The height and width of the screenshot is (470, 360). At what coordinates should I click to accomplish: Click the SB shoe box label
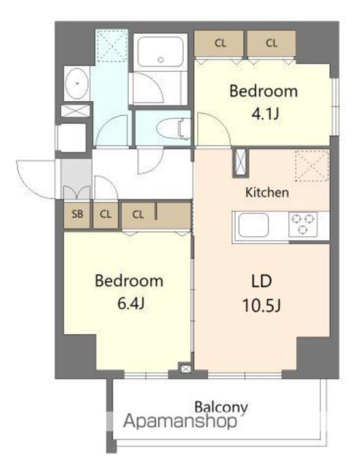point(77,213)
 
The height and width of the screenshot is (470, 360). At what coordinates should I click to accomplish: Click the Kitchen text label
point(267,193)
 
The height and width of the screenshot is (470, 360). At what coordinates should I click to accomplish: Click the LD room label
point(261,282)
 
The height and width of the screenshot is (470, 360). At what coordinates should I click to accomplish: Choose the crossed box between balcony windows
point(184,370)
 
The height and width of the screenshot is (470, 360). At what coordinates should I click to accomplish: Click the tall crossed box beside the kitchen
point(241,163)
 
